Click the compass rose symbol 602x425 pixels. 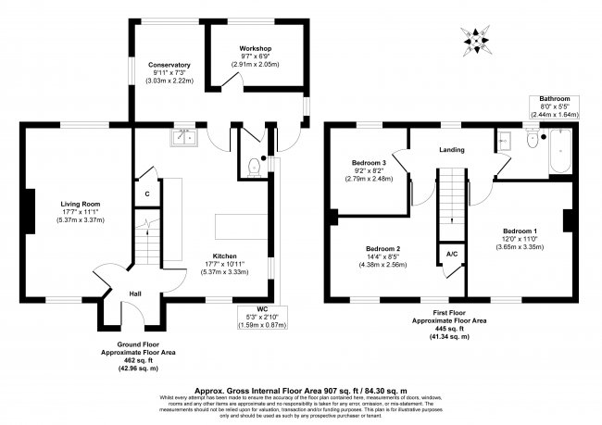[x=478, y=39]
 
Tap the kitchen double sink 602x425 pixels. [x=183, y=138]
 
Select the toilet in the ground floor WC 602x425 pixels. [x=254, y=168]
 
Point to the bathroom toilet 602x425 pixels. [x=531, y=141]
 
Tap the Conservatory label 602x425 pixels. [x=169, y=65]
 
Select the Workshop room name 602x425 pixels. [x=254, y=47]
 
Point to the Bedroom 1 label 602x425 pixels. [x=520, y=231]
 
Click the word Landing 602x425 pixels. [x=451, y=150]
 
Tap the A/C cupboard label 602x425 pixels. [x=451, y=253]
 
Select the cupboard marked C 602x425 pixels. [x=146, y=194]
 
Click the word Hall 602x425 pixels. [x=134, y=294]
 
